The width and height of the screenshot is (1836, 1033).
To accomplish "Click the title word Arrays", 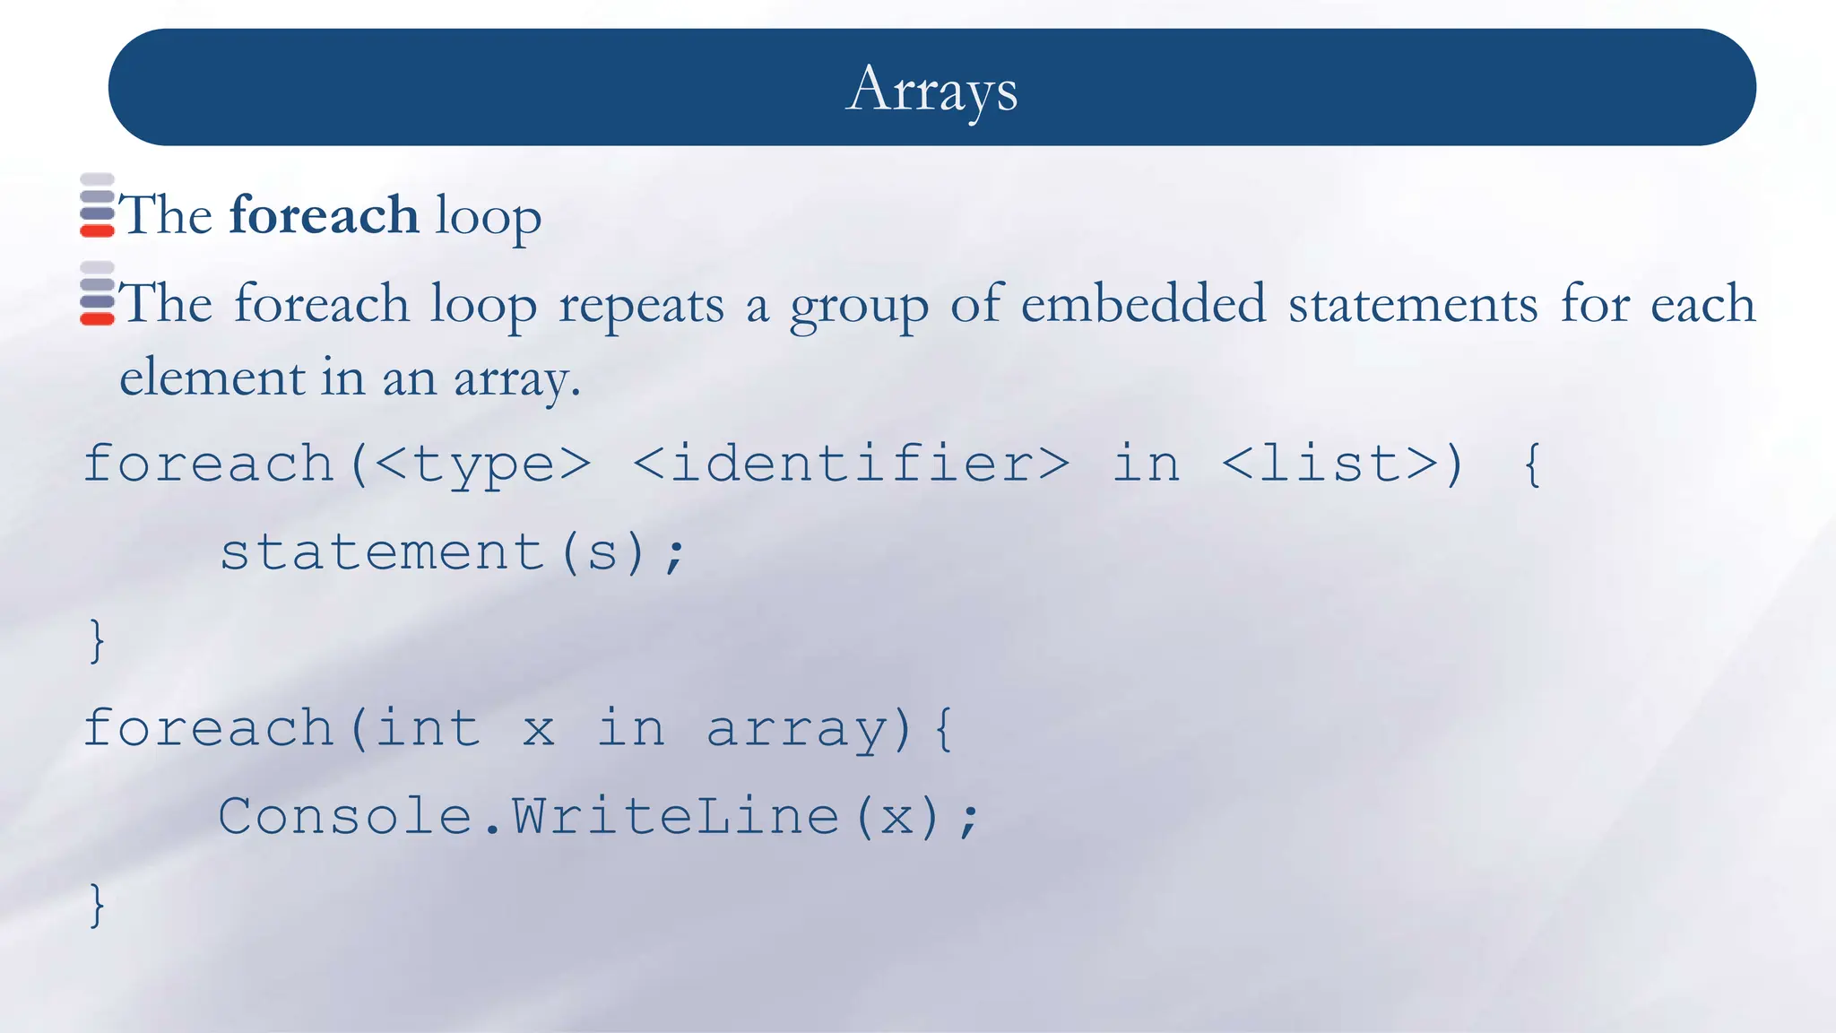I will coord(931,89).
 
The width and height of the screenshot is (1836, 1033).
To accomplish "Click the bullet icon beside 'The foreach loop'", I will coord(97,205).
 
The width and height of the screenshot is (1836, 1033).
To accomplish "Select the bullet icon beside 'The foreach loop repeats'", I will coord(97,293).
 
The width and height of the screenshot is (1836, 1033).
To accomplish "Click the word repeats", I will coord(641,305).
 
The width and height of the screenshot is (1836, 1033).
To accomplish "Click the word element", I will coord(212,377).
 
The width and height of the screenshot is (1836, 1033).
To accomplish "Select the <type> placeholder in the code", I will coord(482,464).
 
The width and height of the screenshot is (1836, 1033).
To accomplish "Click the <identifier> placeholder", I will coord(851,464).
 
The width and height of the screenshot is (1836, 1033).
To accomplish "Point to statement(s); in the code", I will coord(453,551).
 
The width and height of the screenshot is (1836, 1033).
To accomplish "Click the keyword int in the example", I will coord(427,727).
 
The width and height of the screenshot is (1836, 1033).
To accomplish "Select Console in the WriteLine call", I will coord(345,816).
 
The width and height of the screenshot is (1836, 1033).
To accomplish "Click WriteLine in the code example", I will coord(675,816).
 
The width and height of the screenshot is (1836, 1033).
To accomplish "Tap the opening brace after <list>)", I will coord(1532,464).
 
